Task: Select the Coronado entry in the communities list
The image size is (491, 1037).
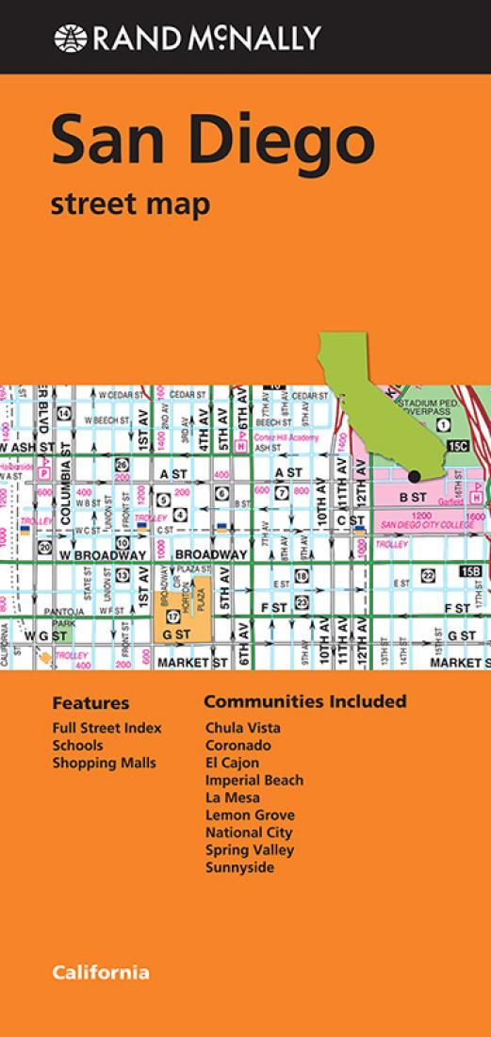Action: click(x=237, y=745)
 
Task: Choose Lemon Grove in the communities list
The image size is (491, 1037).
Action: click(x=250, y=815)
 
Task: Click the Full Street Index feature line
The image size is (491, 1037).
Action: click(x=106, y=728)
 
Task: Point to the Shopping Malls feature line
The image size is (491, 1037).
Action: click(x=104, y=763)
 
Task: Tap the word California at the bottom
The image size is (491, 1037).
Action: click(x=100, y=972)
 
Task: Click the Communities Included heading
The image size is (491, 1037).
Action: click(x=304, y=701)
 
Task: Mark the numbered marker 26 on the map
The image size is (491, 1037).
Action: click(x=122, y=466)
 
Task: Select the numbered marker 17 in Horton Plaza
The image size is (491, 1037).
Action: click(x=172, y=617)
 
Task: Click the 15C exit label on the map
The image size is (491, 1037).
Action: click(x=458, y=444)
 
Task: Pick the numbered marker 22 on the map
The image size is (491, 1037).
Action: click(x=427, y=575)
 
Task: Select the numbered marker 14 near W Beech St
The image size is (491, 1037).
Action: click(x=64, y=413)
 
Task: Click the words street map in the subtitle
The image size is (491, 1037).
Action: click(x=130, y=204)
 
